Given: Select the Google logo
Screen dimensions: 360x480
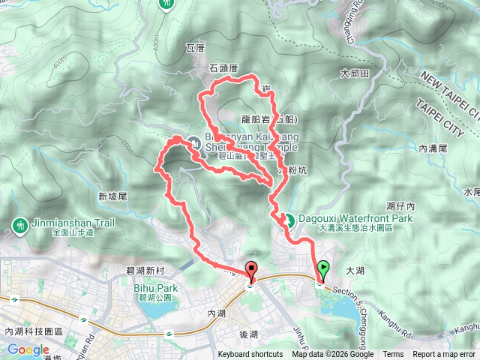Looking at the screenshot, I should point(28,349).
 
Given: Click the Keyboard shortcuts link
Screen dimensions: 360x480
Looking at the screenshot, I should point(250,355).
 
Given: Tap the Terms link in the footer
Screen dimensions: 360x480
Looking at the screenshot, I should point(393,355).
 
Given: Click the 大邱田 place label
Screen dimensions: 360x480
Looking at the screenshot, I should point(355,74).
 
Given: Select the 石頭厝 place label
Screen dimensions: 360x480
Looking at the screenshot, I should point(223,68).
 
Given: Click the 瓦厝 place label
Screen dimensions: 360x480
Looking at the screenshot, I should point(195,49).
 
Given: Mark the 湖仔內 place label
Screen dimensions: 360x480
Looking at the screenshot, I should point(400,205).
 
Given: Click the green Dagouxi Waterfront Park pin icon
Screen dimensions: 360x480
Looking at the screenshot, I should point(287,220).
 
